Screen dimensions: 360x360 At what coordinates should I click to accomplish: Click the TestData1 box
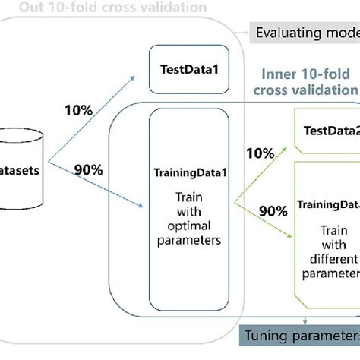click(189, 69)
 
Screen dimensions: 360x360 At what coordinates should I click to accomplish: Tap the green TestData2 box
click(325, 130)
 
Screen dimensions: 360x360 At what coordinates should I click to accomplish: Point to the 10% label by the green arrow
click(261, 153)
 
